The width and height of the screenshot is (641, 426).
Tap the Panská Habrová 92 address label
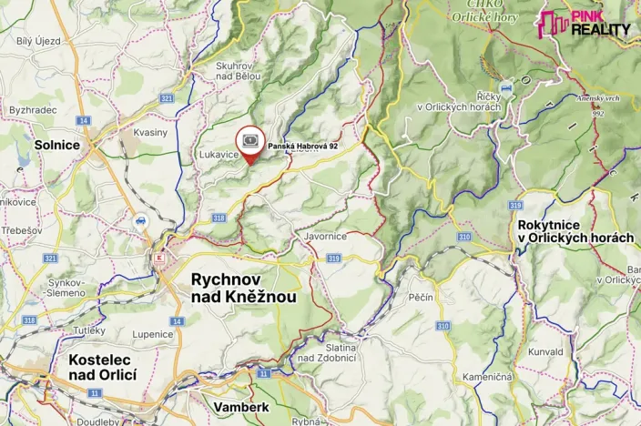click(x=302, y=146)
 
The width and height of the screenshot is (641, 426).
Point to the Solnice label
click(x=56, y=145)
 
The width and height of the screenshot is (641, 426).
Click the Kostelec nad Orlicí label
click(x=102, y=367)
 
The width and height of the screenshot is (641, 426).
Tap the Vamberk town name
click(x=242, y=407)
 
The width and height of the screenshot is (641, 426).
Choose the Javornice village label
click(x=325, y=237)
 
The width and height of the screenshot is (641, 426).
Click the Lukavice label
click(x=219, y=156)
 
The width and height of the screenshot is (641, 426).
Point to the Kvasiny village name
click(x=150, y=132)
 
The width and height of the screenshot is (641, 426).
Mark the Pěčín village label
click(x=421, y=297)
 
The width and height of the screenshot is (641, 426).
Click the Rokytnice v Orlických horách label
click(x=575, y=230)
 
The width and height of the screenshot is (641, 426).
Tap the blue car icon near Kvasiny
click(x=141, y=221)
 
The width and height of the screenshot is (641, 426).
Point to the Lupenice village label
click(x=152, y=334)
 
